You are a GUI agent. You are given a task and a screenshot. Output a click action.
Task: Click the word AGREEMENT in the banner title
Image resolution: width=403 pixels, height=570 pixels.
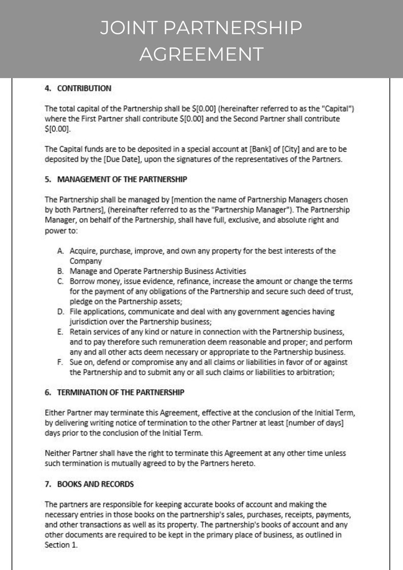(x=201, y=53)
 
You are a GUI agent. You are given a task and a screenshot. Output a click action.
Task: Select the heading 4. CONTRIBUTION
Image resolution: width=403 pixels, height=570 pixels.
(x=78, y=88)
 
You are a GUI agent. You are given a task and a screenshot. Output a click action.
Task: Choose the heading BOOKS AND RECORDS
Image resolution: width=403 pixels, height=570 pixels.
(x=89, y=484)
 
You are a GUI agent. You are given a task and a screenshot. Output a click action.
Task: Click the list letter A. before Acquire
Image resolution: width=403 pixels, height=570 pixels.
(x=60, y=251)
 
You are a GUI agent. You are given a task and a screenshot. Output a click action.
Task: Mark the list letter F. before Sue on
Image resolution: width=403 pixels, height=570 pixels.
(x=60, y=362)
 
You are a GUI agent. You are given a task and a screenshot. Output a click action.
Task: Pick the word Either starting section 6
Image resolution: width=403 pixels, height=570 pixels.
(x=56, y=413)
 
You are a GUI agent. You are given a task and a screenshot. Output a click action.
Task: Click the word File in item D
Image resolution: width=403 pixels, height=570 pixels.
(x=77, y=312)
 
